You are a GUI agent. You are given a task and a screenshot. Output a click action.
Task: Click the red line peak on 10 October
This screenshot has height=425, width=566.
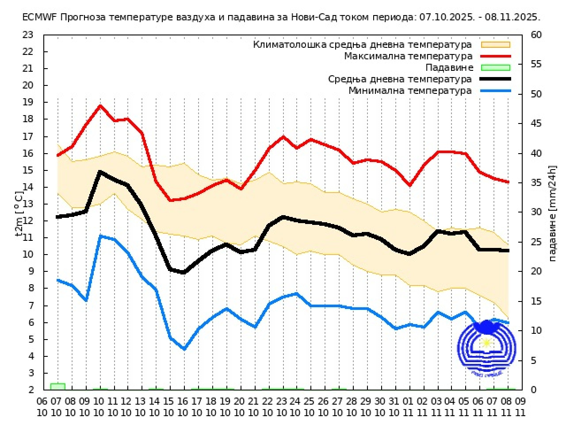click(x=100, y=106)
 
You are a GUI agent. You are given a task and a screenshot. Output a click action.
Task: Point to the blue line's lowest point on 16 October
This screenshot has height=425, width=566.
click(x=184, y=349)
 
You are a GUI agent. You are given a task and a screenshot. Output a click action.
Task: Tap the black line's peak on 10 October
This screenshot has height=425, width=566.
click(x=100, y=171)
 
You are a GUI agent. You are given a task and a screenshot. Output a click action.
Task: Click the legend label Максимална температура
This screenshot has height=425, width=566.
click(x=408, y=56)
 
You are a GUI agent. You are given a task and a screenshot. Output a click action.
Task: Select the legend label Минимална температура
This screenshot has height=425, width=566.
click(x=410, y=91)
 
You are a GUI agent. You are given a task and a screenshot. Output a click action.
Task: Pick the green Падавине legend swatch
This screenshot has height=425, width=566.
click(x=496, y=68)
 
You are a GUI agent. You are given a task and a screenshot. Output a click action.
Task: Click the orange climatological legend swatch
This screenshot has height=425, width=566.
click(x=496, y=45)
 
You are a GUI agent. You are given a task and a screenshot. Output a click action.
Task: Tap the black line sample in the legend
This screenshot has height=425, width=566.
click(x=496, y=79)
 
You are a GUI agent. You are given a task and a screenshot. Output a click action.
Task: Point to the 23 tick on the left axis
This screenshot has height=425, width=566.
click(x=27, y=35)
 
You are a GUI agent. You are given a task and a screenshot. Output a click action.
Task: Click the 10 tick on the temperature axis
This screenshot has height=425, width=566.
click(x=27, y=255)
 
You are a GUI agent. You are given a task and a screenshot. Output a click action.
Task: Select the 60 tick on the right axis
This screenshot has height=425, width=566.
click(x=536, y=35)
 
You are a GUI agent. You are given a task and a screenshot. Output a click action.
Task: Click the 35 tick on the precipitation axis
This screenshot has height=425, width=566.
click(x=536, y=183)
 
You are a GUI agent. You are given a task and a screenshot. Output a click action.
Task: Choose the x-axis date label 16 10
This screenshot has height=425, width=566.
click(x=183, y=407)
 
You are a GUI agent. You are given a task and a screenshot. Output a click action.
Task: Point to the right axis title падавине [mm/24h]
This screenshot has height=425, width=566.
click(x=552, y=213)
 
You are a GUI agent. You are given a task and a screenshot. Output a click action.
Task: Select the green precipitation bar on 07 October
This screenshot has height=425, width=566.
click(x=57, y=386)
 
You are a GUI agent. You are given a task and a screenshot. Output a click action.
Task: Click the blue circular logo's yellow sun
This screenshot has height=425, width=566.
click(x=486, y=343)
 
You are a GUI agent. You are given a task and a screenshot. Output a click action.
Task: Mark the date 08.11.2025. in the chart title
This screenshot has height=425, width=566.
click(x=512, y=18)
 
